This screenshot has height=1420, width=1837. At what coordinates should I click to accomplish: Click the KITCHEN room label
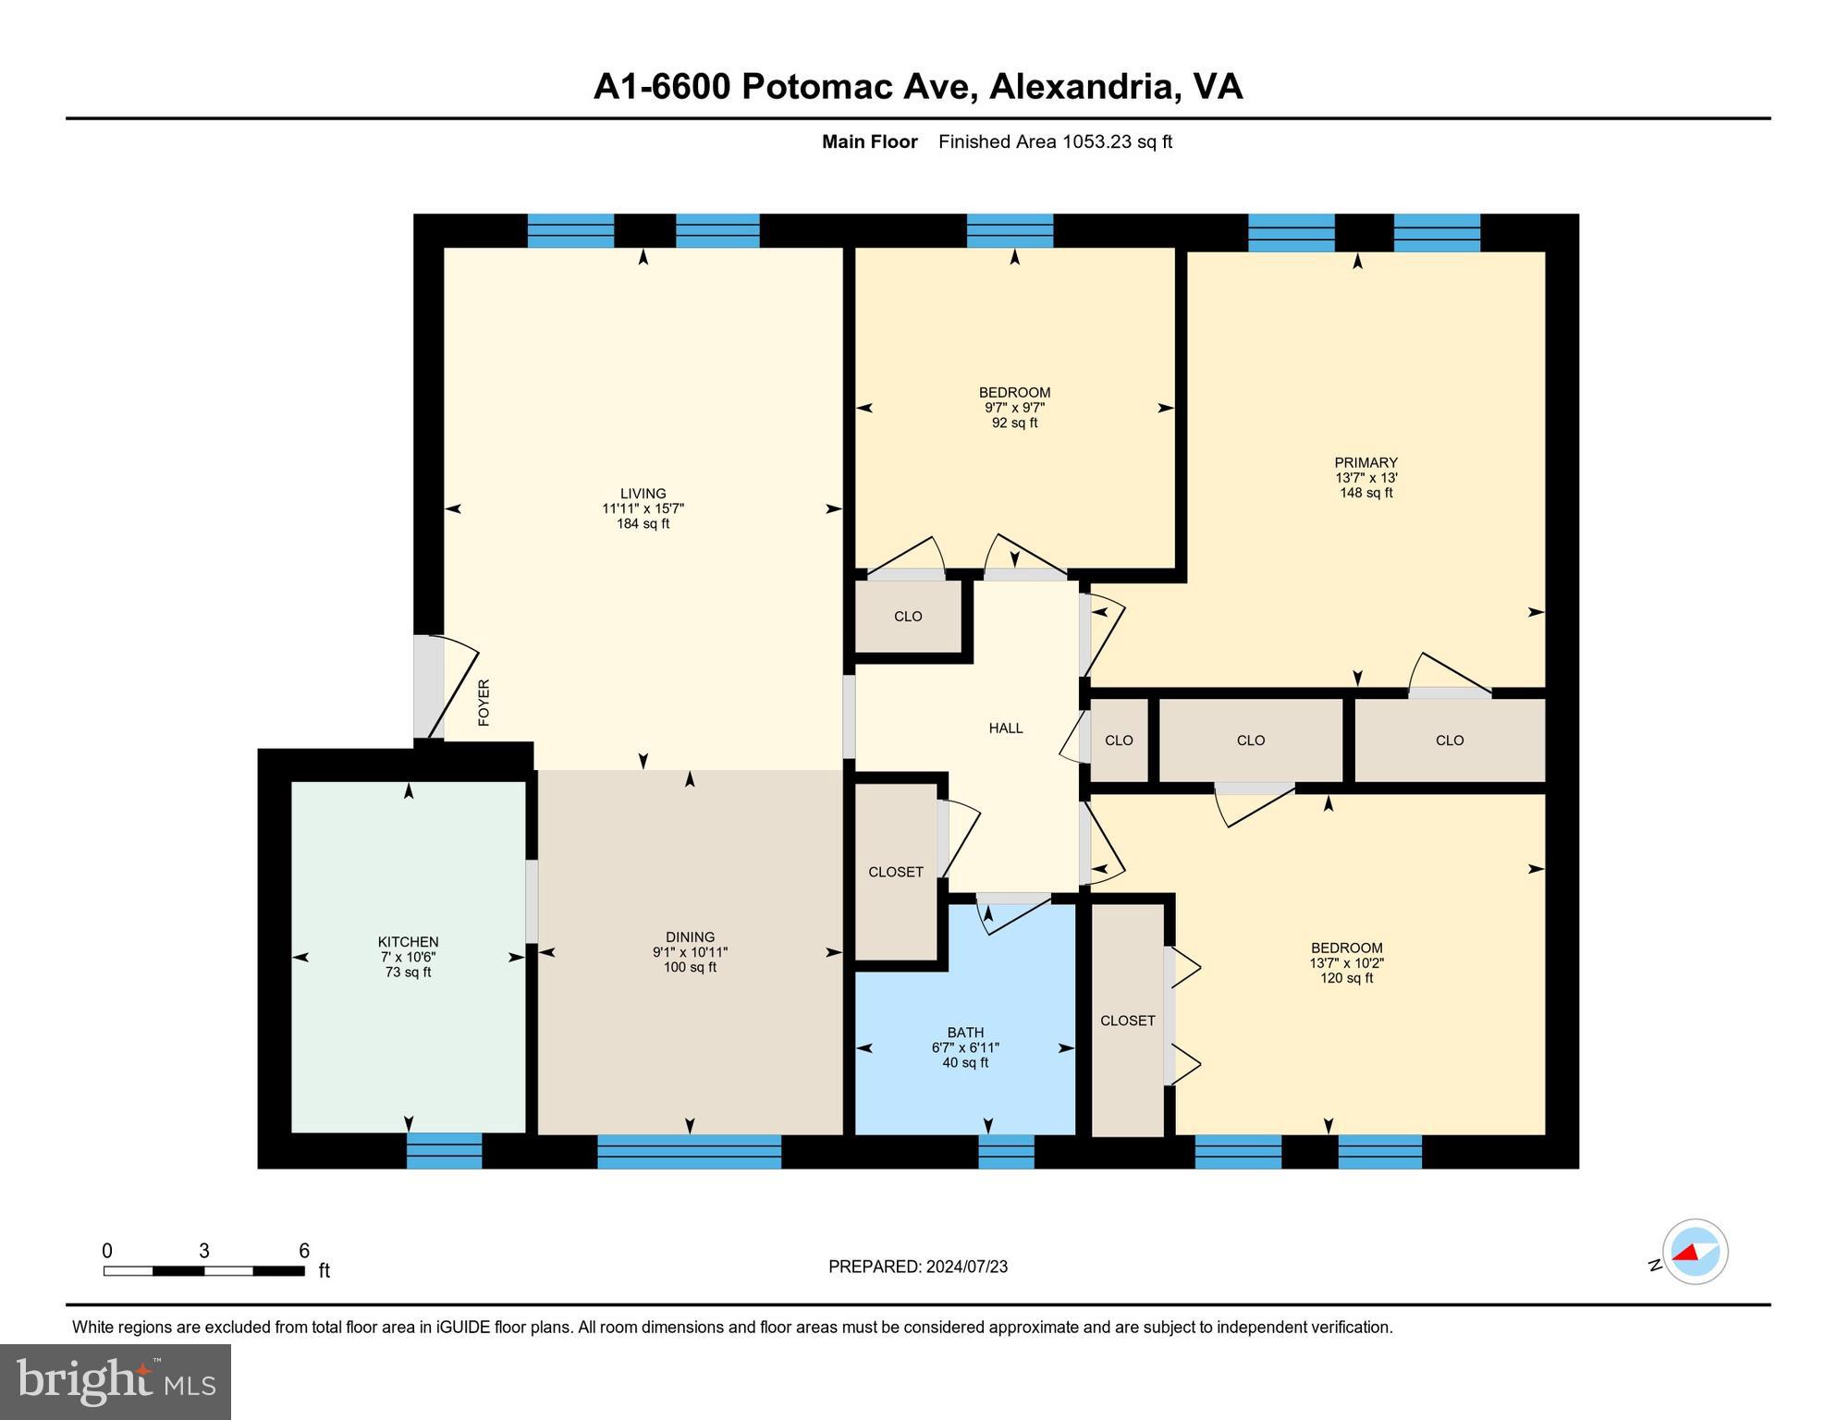coord(408,942)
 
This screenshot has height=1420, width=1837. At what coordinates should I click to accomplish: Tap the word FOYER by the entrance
coord(484,703)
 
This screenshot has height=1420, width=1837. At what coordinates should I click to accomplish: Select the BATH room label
coord(965,1033)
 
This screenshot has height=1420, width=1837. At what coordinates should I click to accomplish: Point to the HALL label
coord(1006,728)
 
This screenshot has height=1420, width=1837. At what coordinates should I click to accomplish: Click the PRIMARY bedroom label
coord(1366,463)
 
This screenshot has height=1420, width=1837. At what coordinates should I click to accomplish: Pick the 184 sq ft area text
coord(643,524)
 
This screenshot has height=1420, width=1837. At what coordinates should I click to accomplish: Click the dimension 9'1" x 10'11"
coord(690,952)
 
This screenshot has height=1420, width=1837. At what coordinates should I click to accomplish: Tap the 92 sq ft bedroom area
coord(1014,423)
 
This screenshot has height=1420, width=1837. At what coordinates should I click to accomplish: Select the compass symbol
coord(1695,1252)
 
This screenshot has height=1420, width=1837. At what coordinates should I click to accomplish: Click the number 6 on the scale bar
coord(304,1251)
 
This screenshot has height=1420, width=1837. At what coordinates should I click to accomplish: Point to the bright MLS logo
coord(116,1381)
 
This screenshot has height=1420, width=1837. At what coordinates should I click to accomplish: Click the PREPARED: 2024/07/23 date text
coord(917,1267)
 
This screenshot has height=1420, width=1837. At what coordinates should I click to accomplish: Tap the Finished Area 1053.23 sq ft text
coord(1055,141)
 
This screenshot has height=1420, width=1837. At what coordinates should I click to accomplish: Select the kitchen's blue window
coord(444,1151)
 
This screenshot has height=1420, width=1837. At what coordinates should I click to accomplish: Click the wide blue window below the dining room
coord(689,1151)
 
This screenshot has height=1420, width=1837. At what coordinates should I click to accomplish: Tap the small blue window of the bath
coord(1006,1151)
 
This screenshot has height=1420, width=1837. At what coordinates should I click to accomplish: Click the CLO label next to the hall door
coord(1119,741)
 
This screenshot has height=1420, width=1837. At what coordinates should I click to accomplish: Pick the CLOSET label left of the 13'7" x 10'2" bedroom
coord(1127,1021)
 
